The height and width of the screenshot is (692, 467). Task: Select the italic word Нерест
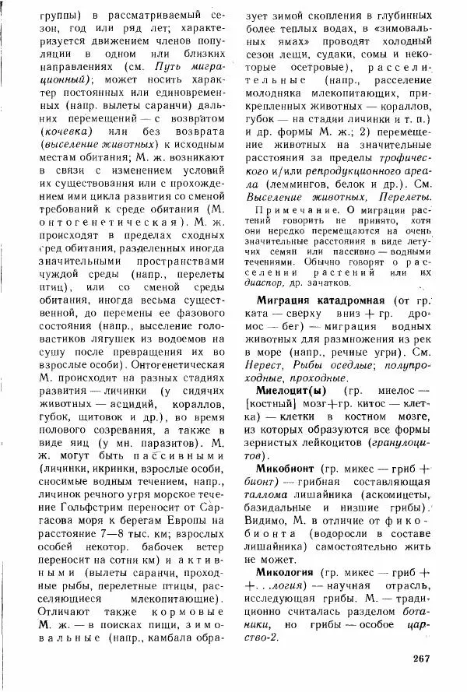265,363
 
